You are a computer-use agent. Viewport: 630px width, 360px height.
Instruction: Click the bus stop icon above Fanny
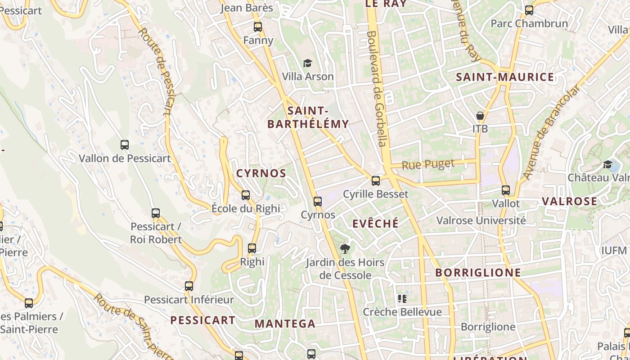pos(258,27)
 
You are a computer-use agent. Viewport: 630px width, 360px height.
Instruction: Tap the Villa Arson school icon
pos(307,63)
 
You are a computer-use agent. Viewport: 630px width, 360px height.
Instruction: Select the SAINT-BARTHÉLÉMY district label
pos(308,117)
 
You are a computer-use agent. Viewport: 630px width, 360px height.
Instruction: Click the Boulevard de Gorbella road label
pos(377,88)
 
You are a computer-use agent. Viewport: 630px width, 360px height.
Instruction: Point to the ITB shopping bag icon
pos(480,116)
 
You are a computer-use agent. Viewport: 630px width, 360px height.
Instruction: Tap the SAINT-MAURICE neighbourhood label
pos(505,77)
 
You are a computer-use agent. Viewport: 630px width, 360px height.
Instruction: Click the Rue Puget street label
pos(428,165)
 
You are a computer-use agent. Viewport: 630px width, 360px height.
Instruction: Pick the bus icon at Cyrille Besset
pos(376,181)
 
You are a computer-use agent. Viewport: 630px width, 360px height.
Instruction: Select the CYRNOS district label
pos(261,173)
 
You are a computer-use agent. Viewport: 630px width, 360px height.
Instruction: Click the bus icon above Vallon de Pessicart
pos(125,145)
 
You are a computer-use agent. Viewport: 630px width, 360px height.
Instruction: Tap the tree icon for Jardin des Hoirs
pos(345,248)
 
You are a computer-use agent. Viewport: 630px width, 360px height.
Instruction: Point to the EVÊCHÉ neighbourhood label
pos(375,224)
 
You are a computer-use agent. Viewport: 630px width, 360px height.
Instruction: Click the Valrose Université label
pos(481,220)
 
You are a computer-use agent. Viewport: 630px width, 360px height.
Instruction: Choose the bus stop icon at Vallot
pos(506,190)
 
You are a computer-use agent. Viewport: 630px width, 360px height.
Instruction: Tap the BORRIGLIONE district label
pos(478,273)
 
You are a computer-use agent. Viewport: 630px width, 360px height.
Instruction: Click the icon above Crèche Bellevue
pos(402,299)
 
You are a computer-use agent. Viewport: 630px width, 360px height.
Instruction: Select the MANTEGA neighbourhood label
pos(285,324)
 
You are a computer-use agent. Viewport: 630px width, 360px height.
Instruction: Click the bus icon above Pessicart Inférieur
pos(189,286)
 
